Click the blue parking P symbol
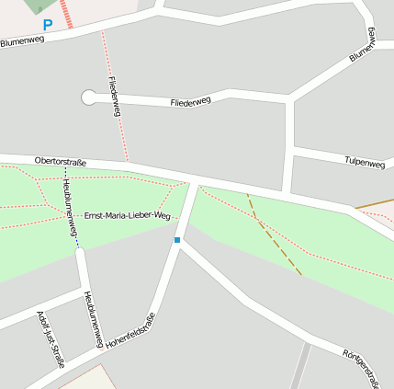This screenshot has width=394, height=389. (48, 26)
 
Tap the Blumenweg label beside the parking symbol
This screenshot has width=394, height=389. (23, 41)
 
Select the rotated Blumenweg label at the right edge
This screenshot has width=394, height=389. (364, 46)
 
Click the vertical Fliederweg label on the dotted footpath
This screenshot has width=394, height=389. (115, 96)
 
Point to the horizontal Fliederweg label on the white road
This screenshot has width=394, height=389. (190, 101)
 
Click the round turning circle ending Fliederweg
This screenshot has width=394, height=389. (89, 97)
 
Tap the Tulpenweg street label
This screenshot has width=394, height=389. (364, 163)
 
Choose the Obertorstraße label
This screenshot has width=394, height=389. (61, 162)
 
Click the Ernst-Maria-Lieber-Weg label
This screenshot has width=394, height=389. (128, 215)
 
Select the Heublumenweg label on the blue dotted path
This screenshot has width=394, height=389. (70, 206)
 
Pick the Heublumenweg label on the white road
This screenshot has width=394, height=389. (91, 320)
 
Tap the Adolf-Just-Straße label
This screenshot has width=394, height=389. (51, 339)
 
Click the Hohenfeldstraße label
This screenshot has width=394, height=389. (130, 331)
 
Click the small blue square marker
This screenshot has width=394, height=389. (177, 240)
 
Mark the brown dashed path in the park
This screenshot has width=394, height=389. (276, 240)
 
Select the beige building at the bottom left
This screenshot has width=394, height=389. (87, 379)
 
